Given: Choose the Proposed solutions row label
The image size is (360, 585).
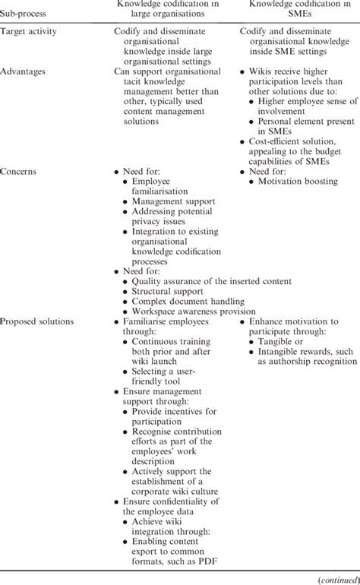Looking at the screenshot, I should click(x=37, y=321).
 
